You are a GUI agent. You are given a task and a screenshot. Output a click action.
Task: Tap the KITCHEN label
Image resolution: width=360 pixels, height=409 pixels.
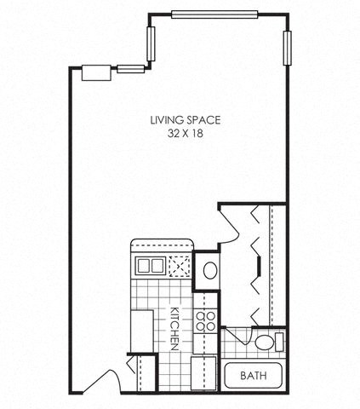tap(174, 327)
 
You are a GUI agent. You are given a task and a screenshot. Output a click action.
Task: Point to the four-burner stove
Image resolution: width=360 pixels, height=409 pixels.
tap(205, 321)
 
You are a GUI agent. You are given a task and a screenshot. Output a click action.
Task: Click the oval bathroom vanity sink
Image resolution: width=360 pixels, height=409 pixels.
tap(209, 272)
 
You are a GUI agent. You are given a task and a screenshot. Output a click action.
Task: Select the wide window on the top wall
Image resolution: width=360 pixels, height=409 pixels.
tap(214, 14)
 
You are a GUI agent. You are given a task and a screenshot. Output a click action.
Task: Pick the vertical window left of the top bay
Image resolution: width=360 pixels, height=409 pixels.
tap(152, 43)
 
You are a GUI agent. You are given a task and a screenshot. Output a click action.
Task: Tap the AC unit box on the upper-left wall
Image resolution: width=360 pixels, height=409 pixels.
tap(95, 72)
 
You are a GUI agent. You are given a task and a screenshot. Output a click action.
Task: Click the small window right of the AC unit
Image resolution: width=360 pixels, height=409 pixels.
tap(130, 68)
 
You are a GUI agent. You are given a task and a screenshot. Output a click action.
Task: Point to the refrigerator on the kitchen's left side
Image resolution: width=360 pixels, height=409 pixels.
tap(141, 327)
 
